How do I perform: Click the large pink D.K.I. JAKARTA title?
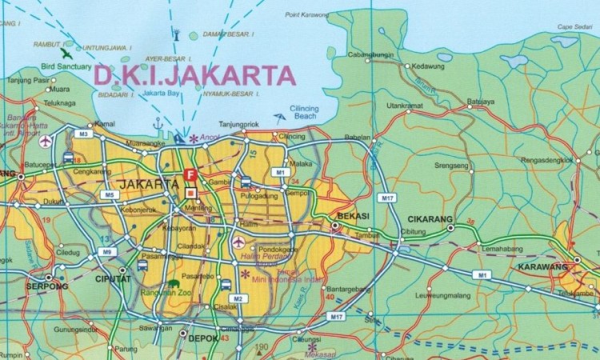click(x=194, y=75)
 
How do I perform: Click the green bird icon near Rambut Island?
click(x=65, y=54)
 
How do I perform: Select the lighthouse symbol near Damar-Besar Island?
click(x=175, y=34)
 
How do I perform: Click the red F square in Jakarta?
click(x=190, y=174)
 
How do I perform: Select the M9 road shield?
click(x=106, y=252)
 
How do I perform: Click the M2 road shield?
click(x=238, y=298)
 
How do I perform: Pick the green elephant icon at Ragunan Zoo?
click(x=174, y=283)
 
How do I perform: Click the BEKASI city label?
click(x=352, y=218)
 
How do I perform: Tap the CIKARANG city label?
click(x=431, y=219)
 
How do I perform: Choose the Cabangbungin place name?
click(x=370, y=54)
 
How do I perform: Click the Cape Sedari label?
click(x=574, y=27)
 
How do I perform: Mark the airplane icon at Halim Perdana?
click(x=238, y=242)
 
